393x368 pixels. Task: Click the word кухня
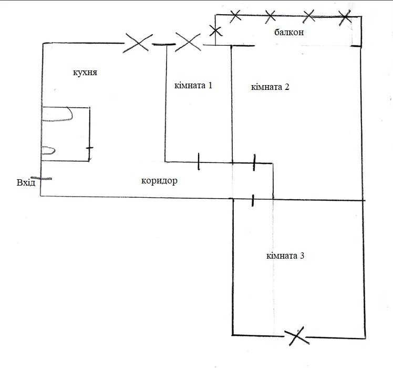coord(85,73)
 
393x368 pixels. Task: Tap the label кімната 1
coord(193,86)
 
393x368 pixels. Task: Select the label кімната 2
coord(270,87)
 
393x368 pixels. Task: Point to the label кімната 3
coord(285,256)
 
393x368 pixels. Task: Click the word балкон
coord(289,32)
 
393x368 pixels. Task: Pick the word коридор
coord(159,181)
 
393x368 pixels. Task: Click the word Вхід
coord(26,182)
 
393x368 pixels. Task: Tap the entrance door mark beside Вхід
coord(42,178)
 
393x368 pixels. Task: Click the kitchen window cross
coord(138,43)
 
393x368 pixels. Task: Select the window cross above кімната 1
coord(188,42)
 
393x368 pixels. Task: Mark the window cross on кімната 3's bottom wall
coord(296,336)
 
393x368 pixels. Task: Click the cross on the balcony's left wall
coord(215,31)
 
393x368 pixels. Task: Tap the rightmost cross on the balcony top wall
coord(345,17)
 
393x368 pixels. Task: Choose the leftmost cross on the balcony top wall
coord(235,16)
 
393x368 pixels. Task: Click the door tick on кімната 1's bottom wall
coord(199,161)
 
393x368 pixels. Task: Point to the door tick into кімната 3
coord(253,200)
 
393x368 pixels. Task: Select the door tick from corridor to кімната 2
coord(254,162)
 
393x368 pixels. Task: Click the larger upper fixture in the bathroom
coord(57,114)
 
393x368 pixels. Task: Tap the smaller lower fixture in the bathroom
coord(48,150)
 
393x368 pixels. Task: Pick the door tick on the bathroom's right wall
coord(89,148)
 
